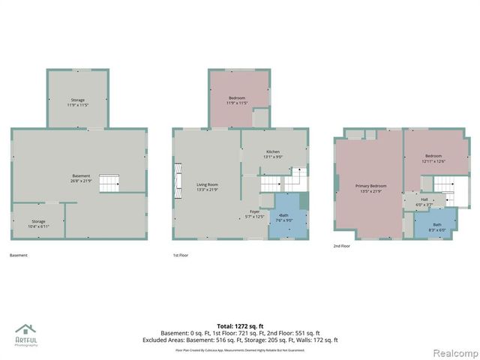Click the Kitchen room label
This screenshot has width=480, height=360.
point(272,154)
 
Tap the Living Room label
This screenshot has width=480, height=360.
point(207,187)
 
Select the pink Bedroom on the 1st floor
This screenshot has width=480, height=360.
point(237,100)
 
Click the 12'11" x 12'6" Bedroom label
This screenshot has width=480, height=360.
point(434,158)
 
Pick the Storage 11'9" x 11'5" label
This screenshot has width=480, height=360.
point(78,103)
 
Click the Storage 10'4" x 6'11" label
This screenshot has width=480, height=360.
point(38,223)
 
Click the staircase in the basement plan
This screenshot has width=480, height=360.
point(109,183)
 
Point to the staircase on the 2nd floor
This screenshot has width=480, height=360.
point(444,185)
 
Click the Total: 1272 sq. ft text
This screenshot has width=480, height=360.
point(239,325)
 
